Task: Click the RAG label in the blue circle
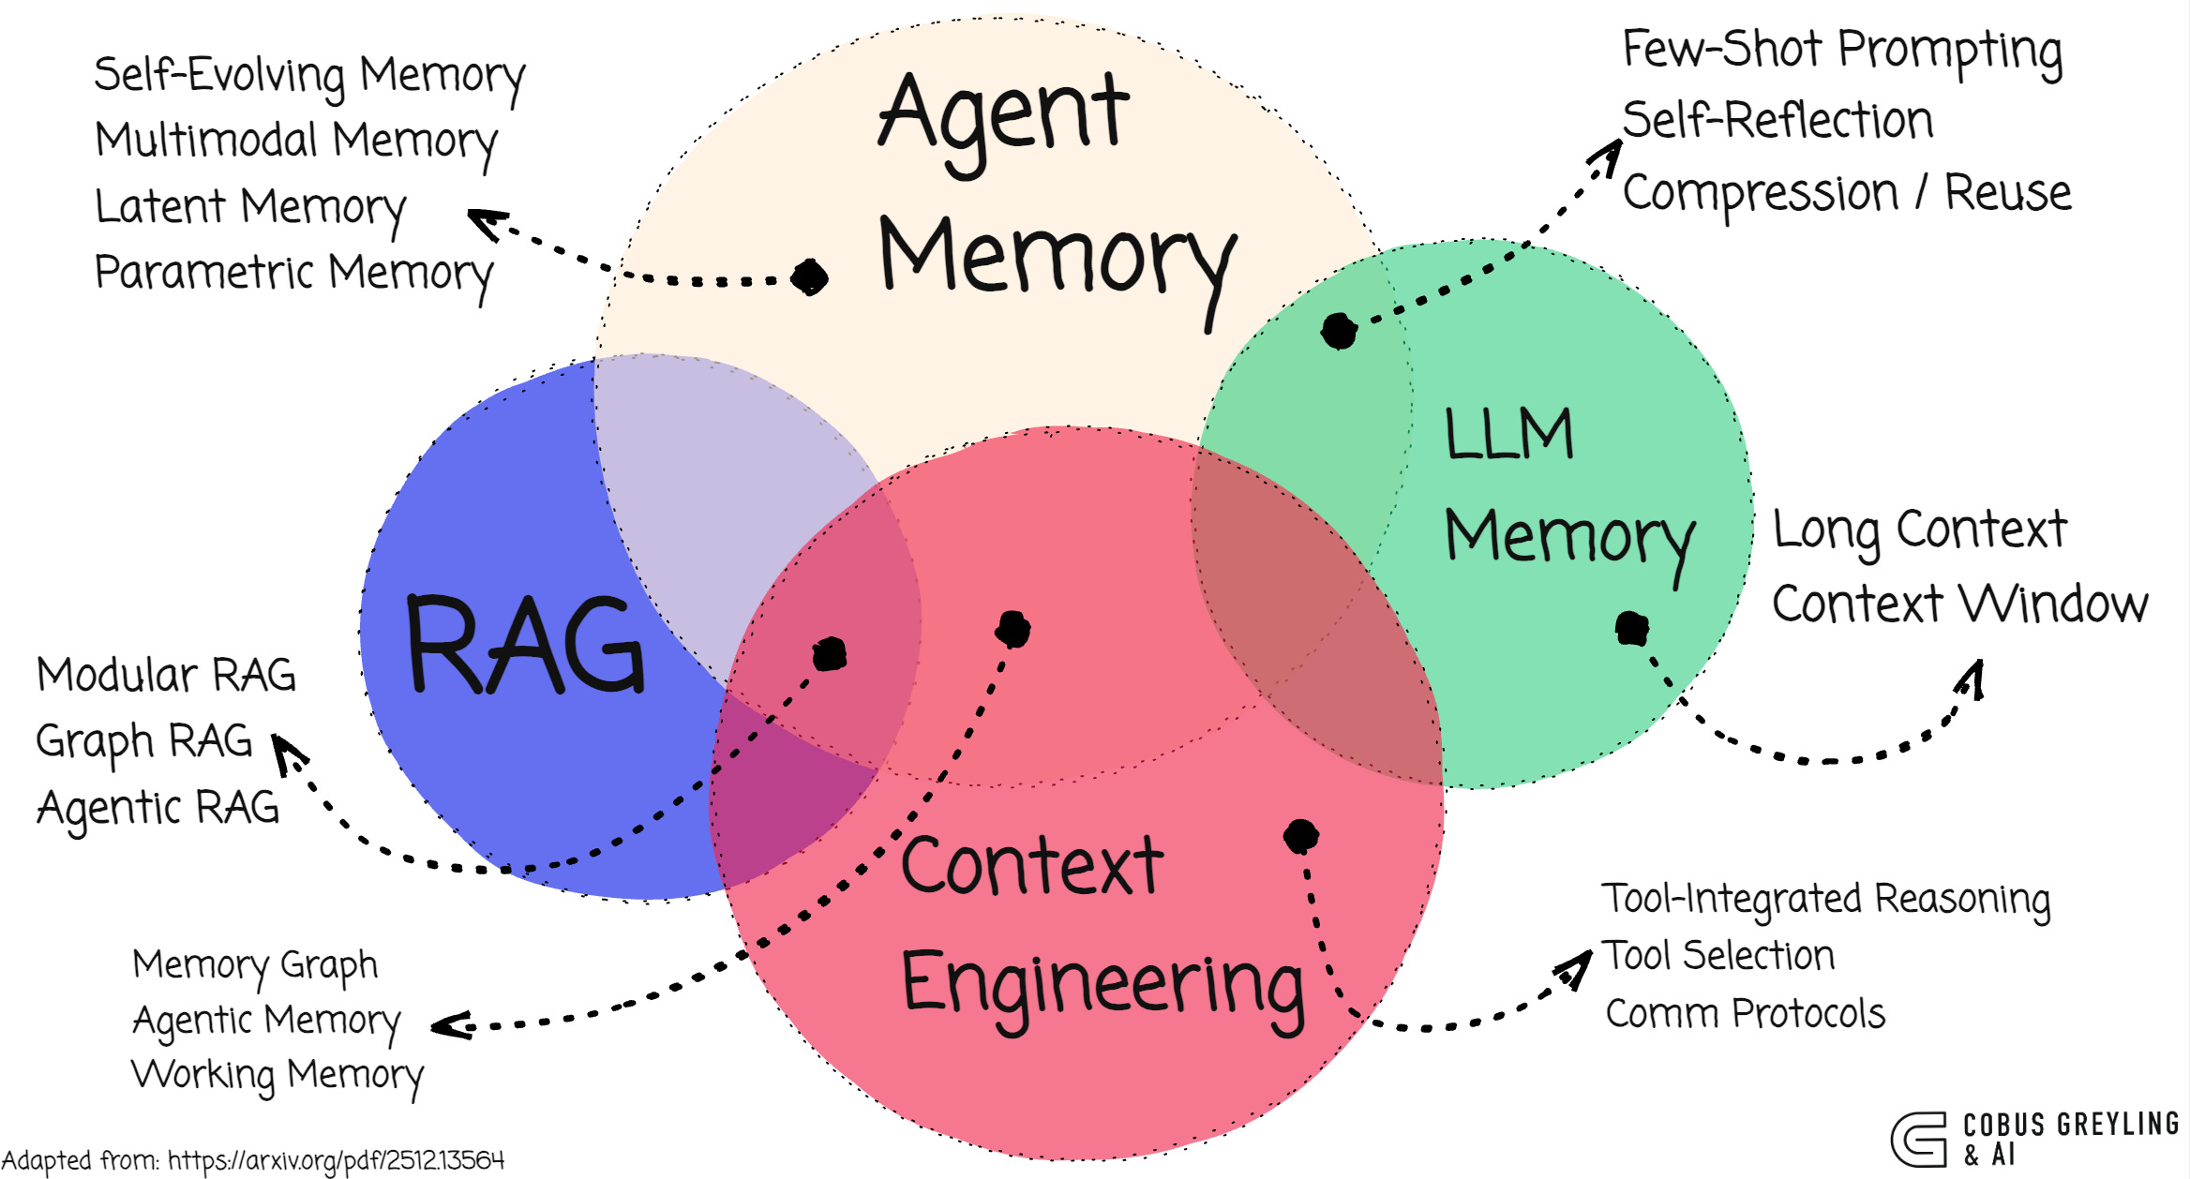click(526, 646)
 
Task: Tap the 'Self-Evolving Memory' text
click(308, 75)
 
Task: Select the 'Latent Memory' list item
click(250, 206)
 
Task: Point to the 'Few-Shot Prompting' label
click(1841, 51)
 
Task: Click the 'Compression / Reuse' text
click(1846, 194)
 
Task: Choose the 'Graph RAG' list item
click(144, 741)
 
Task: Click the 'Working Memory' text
click(277, 1075)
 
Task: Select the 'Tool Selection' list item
click(1718, 957)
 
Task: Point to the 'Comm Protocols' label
click(1745, 1014)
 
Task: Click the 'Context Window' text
click(1959, 604)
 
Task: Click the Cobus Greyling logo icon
click(1918, 1139)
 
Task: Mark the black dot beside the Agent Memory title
click(809, 276)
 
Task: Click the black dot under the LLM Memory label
click(1631, 628)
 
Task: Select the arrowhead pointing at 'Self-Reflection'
click(1610, 154)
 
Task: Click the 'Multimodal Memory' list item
click(296, 141)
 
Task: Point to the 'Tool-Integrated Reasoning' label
click(1825, 899)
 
